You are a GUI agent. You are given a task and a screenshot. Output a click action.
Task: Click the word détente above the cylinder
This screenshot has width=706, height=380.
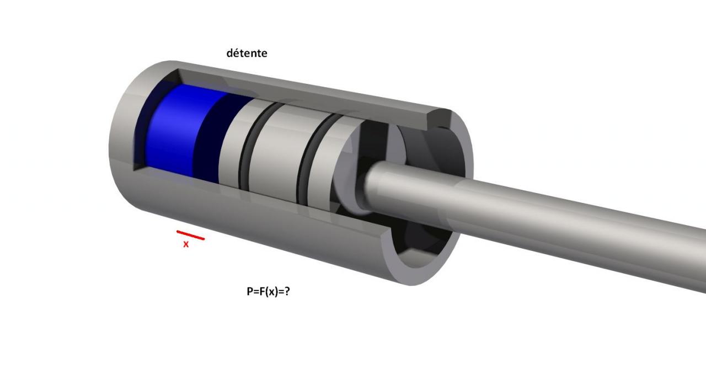coord(247,53)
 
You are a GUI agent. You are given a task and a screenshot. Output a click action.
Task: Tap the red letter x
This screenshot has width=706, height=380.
coord(186,244)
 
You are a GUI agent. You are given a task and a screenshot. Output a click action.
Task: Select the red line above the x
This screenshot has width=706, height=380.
coord(190,235)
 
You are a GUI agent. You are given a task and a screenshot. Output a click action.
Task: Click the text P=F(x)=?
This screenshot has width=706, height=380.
coord(268,291)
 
